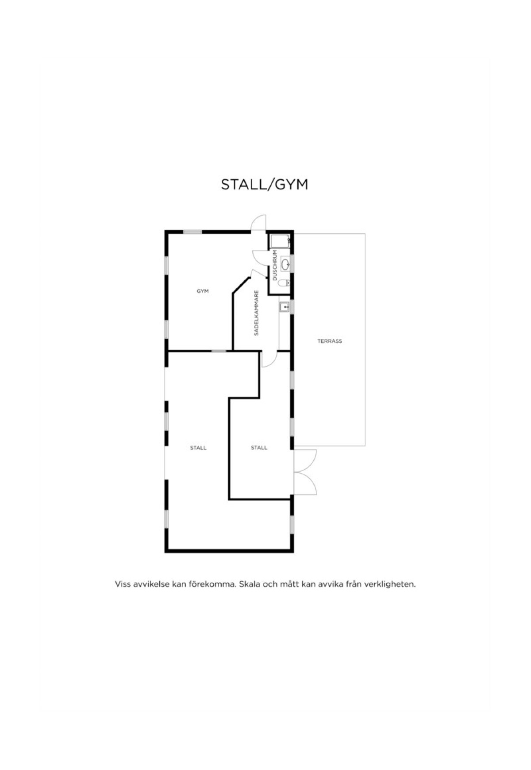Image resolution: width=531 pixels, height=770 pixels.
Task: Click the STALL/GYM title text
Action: click(x=264, y=185)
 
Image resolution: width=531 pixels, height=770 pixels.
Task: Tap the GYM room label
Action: click(x=203, y=291)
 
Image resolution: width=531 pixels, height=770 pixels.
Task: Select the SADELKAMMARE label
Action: click(x=256, y=313)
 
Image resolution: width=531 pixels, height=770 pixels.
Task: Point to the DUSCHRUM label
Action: click(x=275, y=265)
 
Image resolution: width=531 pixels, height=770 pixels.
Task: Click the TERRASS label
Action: click(x=330, y=341)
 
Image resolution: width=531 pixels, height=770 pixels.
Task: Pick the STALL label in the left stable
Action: click(x=198, y=448)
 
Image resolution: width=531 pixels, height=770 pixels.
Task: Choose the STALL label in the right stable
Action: click(x=259, y=448)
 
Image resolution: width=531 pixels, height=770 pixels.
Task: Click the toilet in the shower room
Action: click(x=285, y=284)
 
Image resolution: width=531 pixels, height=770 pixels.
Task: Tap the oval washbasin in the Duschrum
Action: click(x=286, y=265)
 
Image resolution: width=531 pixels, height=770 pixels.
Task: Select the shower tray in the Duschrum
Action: click(x=280, y=241)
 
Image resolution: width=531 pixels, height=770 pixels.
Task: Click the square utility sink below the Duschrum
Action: click(x=285, y=306)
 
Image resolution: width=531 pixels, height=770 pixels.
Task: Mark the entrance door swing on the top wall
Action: click(x=258, y=222)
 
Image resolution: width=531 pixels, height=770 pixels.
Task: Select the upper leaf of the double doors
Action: click(x=305, y=460)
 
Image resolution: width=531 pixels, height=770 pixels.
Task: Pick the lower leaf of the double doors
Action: click(x=305, y=484)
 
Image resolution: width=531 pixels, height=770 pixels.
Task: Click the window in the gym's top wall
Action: click(x=192, y=232)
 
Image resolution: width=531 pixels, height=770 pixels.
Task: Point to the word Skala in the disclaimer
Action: click(x=250, y=584)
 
